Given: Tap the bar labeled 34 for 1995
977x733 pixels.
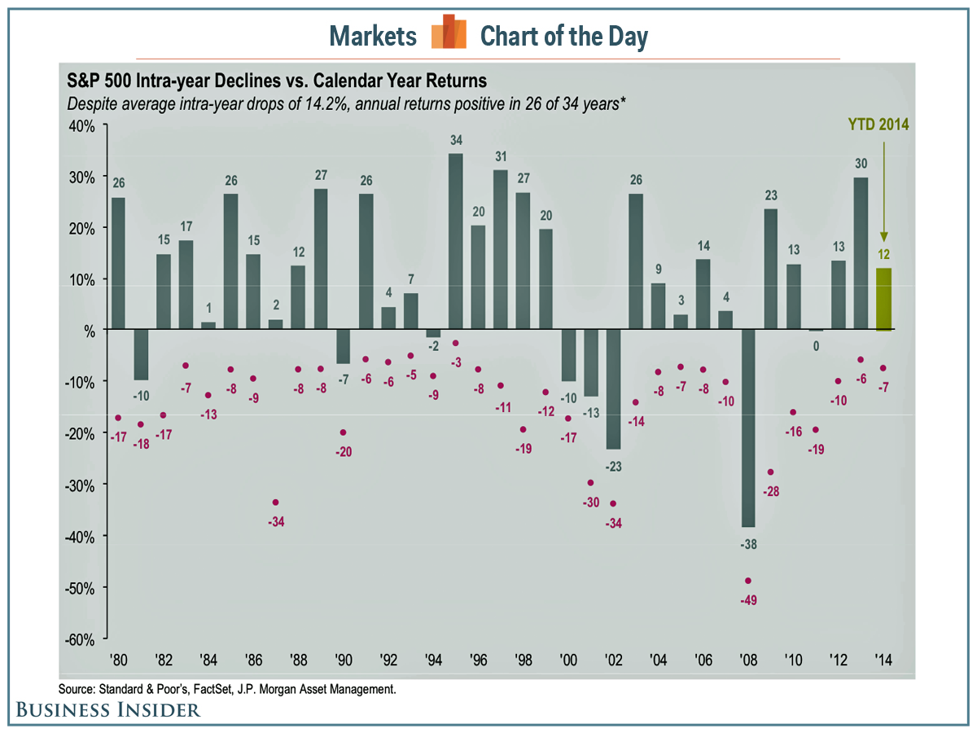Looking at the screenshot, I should [456, 241].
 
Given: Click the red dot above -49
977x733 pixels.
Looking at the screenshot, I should [748, 581].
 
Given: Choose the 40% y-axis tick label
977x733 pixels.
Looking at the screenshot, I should [82, 126].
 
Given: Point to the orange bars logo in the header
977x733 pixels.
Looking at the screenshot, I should [449, 33].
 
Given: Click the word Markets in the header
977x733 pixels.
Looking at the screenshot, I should [373, 36].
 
